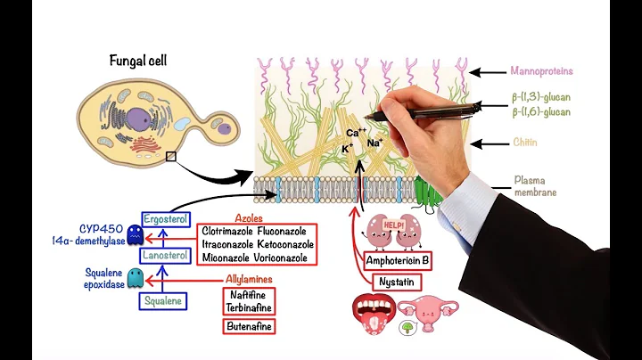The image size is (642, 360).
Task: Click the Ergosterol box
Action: click(x=166, y=219)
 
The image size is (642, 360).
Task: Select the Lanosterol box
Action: click(x=165, y=256)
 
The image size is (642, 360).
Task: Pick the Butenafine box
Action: click(x=249, y=326)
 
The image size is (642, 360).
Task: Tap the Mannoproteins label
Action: click(x=541, y=70)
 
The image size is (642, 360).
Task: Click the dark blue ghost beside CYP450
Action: click(x=135, y=235)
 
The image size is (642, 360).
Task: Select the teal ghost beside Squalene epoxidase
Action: click(x=135, y=278)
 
